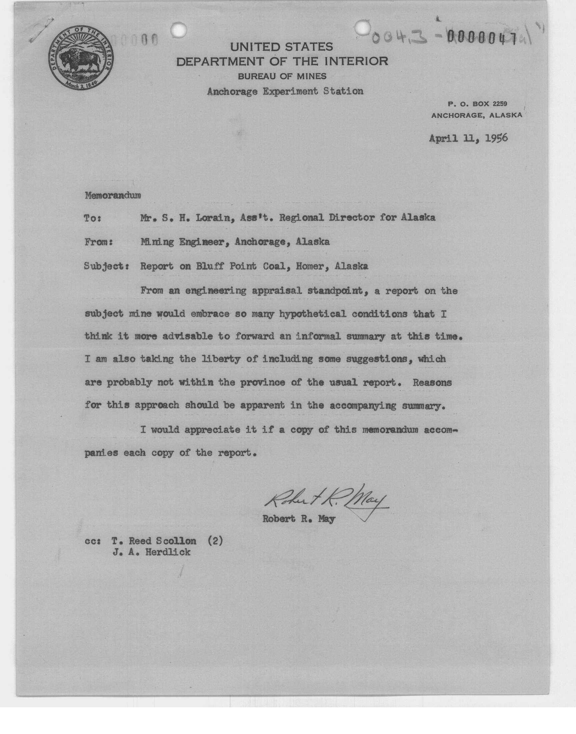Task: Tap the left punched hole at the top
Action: point(178,30)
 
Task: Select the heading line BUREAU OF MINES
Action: point(282,77)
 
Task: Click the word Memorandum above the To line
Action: point(113,196)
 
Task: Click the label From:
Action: point(98,242)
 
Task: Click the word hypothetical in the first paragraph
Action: point(312,314)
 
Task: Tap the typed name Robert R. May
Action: point(299,519)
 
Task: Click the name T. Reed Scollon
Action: point(154,541)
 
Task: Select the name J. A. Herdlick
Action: point(151,553)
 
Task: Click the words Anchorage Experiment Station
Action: point(285,91)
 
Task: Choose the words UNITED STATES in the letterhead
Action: point(282,47)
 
